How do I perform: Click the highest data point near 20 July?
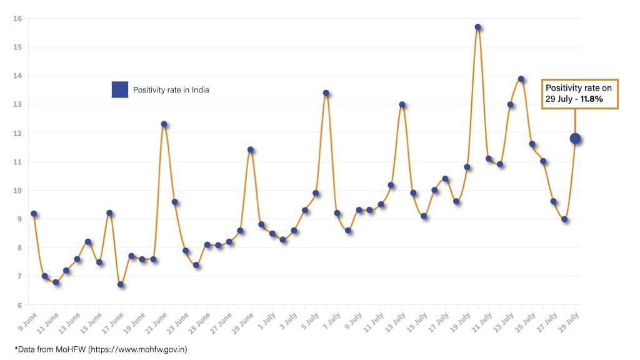tap(477, 27)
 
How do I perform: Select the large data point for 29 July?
tap(575, 139)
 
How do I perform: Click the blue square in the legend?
tap(119, 90)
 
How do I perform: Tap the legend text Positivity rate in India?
tap(171, 90)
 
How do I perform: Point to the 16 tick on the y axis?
tap(17, 18)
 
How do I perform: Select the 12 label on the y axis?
tap(17, 133)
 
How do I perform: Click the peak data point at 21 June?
tap(164, 124)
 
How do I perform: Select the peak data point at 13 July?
tap(402, 104)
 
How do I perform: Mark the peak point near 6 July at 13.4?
tap(326, 93)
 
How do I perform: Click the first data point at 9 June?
tap(34, 214)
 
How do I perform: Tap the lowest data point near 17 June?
tap(121, 284)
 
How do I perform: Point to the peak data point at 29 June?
tap(251, 149)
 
